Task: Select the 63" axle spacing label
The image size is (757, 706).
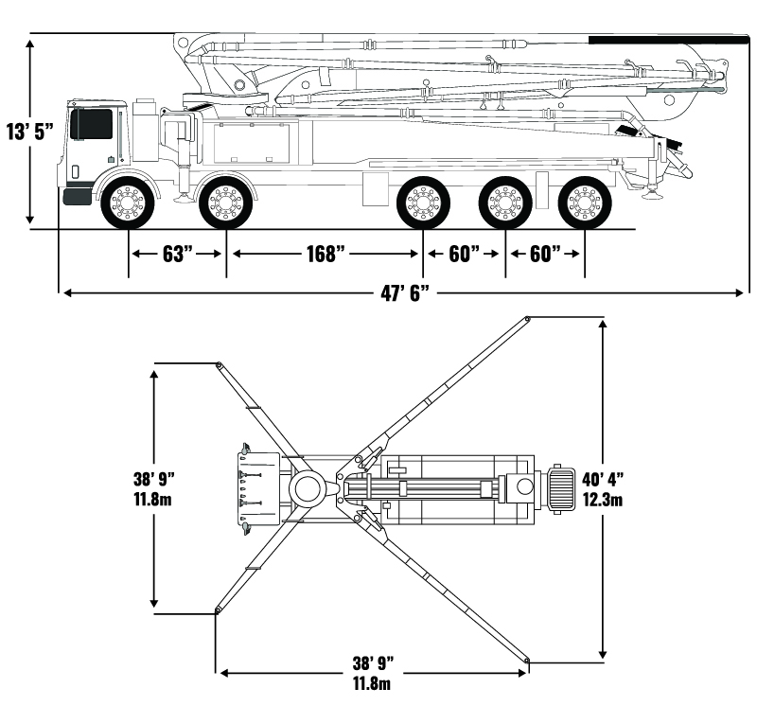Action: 177,254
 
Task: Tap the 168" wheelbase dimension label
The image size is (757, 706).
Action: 324,255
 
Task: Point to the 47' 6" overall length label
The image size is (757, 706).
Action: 405,293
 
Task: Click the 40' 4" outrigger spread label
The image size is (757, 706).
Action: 604,480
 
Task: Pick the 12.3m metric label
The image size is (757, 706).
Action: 604,499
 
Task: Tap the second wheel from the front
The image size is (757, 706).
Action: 225,202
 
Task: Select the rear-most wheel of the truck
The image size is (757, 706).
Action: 583,202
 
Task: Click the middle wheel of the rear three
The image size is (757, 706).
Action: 504,202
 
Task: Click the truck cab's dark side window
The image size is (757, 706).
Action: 91,123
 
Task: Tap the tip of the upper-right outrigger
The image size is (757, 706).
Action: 527,320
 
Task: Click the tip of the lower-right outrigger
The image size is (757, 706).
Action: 527,660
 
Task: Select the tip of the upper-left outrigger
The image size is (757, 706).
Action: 219,365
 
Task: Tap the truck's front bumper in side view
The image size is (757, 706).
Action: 77,196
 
